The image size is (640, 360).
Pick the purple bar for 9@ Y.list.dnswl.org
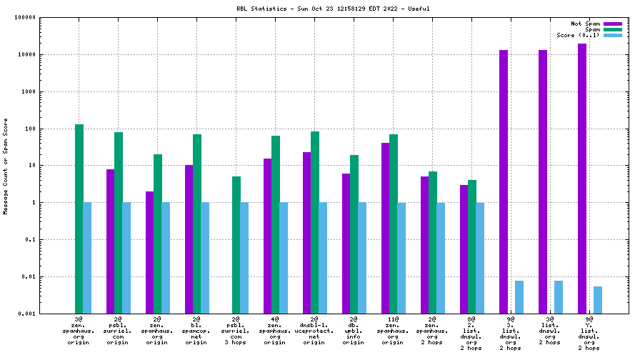tap(582, 179)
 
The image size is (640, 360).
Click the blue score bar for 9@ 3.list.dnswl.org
tap(519, 296)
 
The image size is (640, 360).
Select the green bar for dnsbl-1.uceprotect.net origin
tap(315, 222)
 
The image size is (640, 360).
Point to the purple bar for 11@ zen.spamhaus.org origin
tap(386, 228)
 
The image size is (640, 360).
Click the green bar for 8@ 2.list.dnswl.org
tap(472, 246)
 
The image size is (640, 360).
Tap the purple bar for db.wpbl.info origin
tap(346, 243)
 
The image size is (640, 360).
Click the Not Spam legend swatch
tap(613, 24)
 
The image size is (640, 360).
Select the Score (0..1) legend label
tap(578, 35)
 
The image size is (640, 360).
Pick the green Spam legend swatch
tap(613, 29)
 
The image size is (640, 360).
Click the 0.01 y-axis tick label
tap(29, 276)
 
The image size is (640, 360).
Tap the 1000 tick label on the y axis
tap(29, 91)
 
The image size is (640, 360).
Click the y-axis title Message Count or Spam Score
tap(6, 166)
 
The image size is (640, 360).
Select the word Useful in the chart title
tap(419, 9)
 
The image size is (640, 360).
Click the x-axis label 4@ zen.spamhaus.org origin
tap(275, 331)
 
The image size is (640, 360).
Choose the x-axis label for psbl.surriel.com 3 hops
tap(236, 331)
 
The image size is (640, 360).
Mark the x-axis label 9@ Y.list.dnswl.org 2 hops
tap(589, 334)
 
